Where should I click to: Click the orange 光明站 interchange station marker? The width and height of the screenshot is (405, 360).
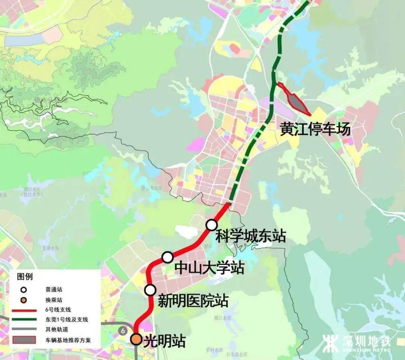point(137,339)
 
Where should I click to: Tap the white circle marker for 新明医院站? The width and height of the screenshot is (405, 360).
point(150,290)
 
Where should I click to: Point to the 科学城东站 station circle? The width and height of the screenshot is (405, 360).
point(212,225)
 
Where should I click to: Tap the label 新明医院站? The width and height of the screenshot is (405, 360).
point(193,301)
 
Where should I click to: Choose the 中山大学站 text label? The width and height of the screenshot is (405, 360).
point(209,269)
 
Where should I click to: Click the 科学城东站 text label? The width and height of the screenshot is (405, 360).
point(251,236)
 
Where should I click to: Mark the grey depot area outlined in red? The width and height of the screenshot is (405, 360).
point(297,102)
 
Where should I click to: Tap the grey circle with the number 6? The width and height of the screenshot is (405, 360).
point(123,329)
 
